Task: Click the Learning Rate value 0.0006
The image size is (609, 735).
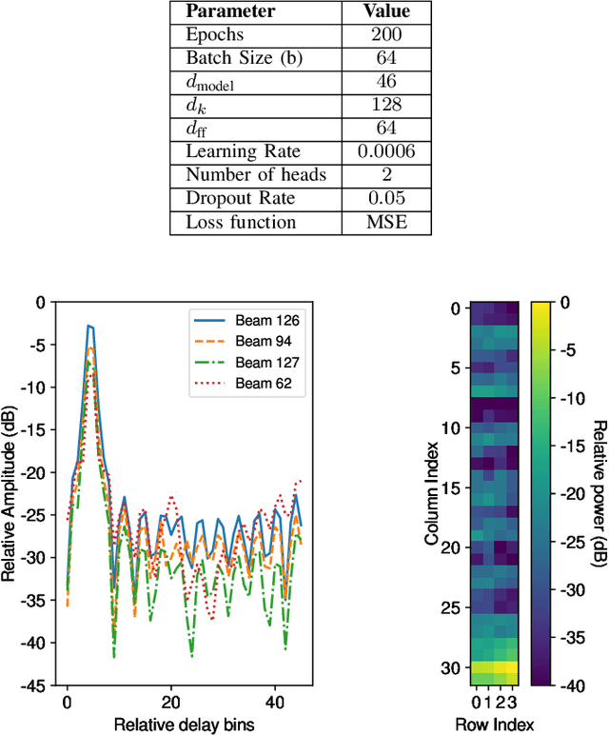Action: [387, 150]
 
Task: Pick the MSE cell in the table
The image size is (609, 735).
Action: [387, 221]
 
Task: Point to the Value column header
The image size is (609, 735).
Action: [387, 12]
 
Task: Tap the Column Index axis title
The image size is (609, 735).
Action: [433, 492]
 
